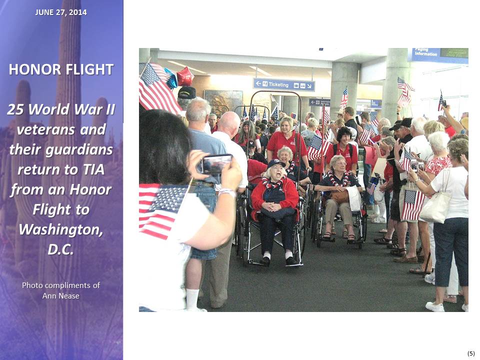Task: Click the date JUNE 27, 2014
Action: tap(61, 12)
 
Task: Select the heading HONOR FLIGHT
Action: tap(61, 69)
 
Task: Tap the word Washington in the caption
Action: tap(61, 229)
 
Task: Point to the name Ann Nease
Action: tap(61, 295)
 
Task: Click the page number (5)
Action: tap(471, 353)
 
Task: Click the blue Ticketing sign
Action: tap(284, 85)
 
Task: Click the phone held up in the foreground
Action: tap(216, 164)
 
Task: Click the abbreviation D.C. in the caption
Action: tap(61, 249)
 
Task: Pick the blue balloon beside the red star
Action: tap(171, 78)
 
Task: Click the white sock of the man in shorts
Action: tap(192, 299)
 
